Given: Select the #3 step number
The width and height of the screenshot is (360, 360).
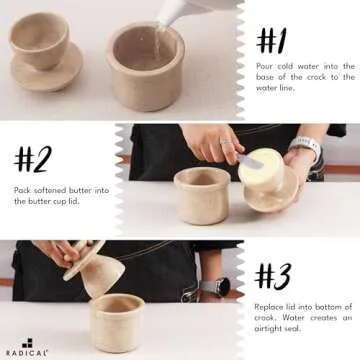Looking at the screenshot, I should [274, 276].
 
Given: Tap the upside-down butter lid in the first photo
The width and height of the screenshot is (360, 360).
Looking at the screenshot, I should [43, 55].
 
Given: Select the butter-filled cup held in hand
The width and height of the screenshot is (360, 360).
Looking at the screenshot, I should [269, 185].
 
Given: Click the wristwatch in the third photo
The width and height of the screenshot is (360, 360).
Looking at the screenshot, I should [210, 287].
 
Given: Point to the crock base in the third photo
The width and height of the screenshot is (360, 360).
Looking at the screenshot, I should [115, 323].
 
